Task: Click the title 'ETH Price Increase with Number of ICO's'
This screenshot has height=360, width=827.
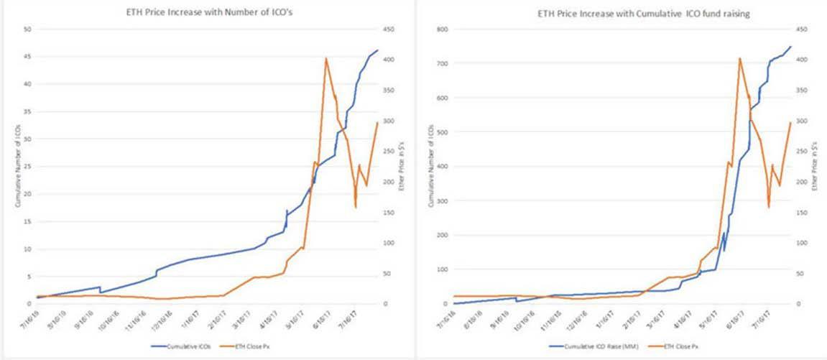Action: pos(207,12)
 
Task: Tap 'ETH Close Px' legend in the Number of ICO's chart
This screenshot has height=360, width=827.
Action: pos(251,347)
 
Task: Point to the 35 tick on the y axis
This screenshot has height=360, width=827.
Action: pos(29,111)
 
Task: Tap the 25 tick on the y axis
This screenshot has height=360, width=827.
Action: pos(29,167)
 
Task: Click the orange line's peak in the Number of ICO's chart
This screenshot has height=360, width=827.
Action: pos(326,58)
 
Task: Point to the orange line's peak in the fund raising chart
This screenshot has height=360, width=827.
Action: pos(739,58)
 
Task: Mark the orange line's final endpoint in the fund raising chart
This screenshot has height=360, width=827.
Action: pos(790,122)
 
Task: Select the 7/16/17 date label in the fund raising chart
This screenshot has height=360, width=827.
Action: pos(762,317)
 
